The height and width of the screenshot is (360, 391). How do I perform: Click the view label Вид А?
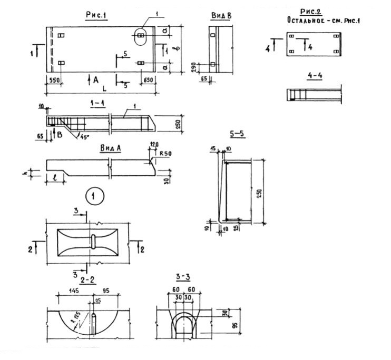tap(110, 149)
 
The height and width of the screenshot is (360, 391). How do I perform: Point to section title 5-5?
tap(239, 134)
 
